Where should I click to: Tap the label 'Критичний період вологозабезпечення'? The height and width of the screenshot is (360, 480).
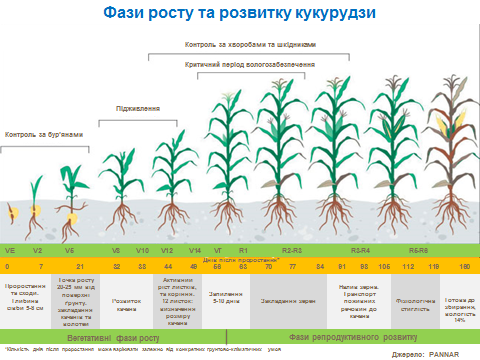point(251,63)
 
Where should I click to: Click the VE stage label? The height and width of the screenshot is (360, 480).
point(10,249)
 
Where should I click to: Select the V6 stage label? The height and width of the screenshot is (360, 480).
point(69,249)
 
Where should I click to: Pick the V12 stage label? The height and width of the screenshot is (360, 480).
point(168,249)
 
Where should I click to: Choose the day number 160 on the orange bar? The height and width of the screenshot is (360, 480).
point(463,267)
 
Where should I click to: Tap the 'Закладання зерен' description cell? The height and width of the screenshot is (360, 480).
point(280,300)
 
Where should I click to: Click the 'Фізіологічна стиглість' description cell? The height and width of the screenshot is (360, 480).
point(412,300)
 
